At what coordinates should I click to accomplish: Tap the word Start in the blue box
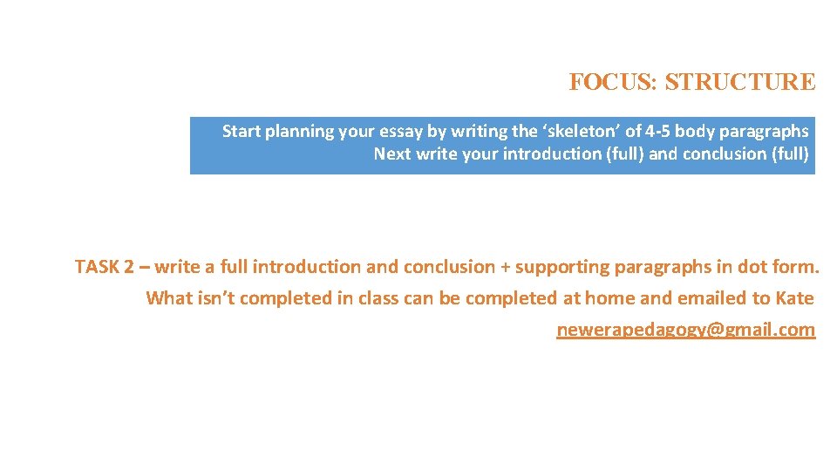pyautogui.click(x=241, y=132)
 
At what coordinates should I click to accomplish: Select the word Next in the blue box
pyautogui.click(x=392, y=154)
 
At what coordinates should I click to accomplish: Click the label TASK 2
pyautogui.click(x=104, y=267)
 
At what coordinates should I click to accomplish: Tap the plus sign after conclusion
pyautogui.click(x=502, y=267)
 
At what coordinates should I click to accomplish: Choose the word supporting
pyautogui.click(x=561, y=267)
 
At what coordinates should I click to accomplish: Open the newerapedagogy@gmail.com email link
pyautogui.click(x=685, y=330)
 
